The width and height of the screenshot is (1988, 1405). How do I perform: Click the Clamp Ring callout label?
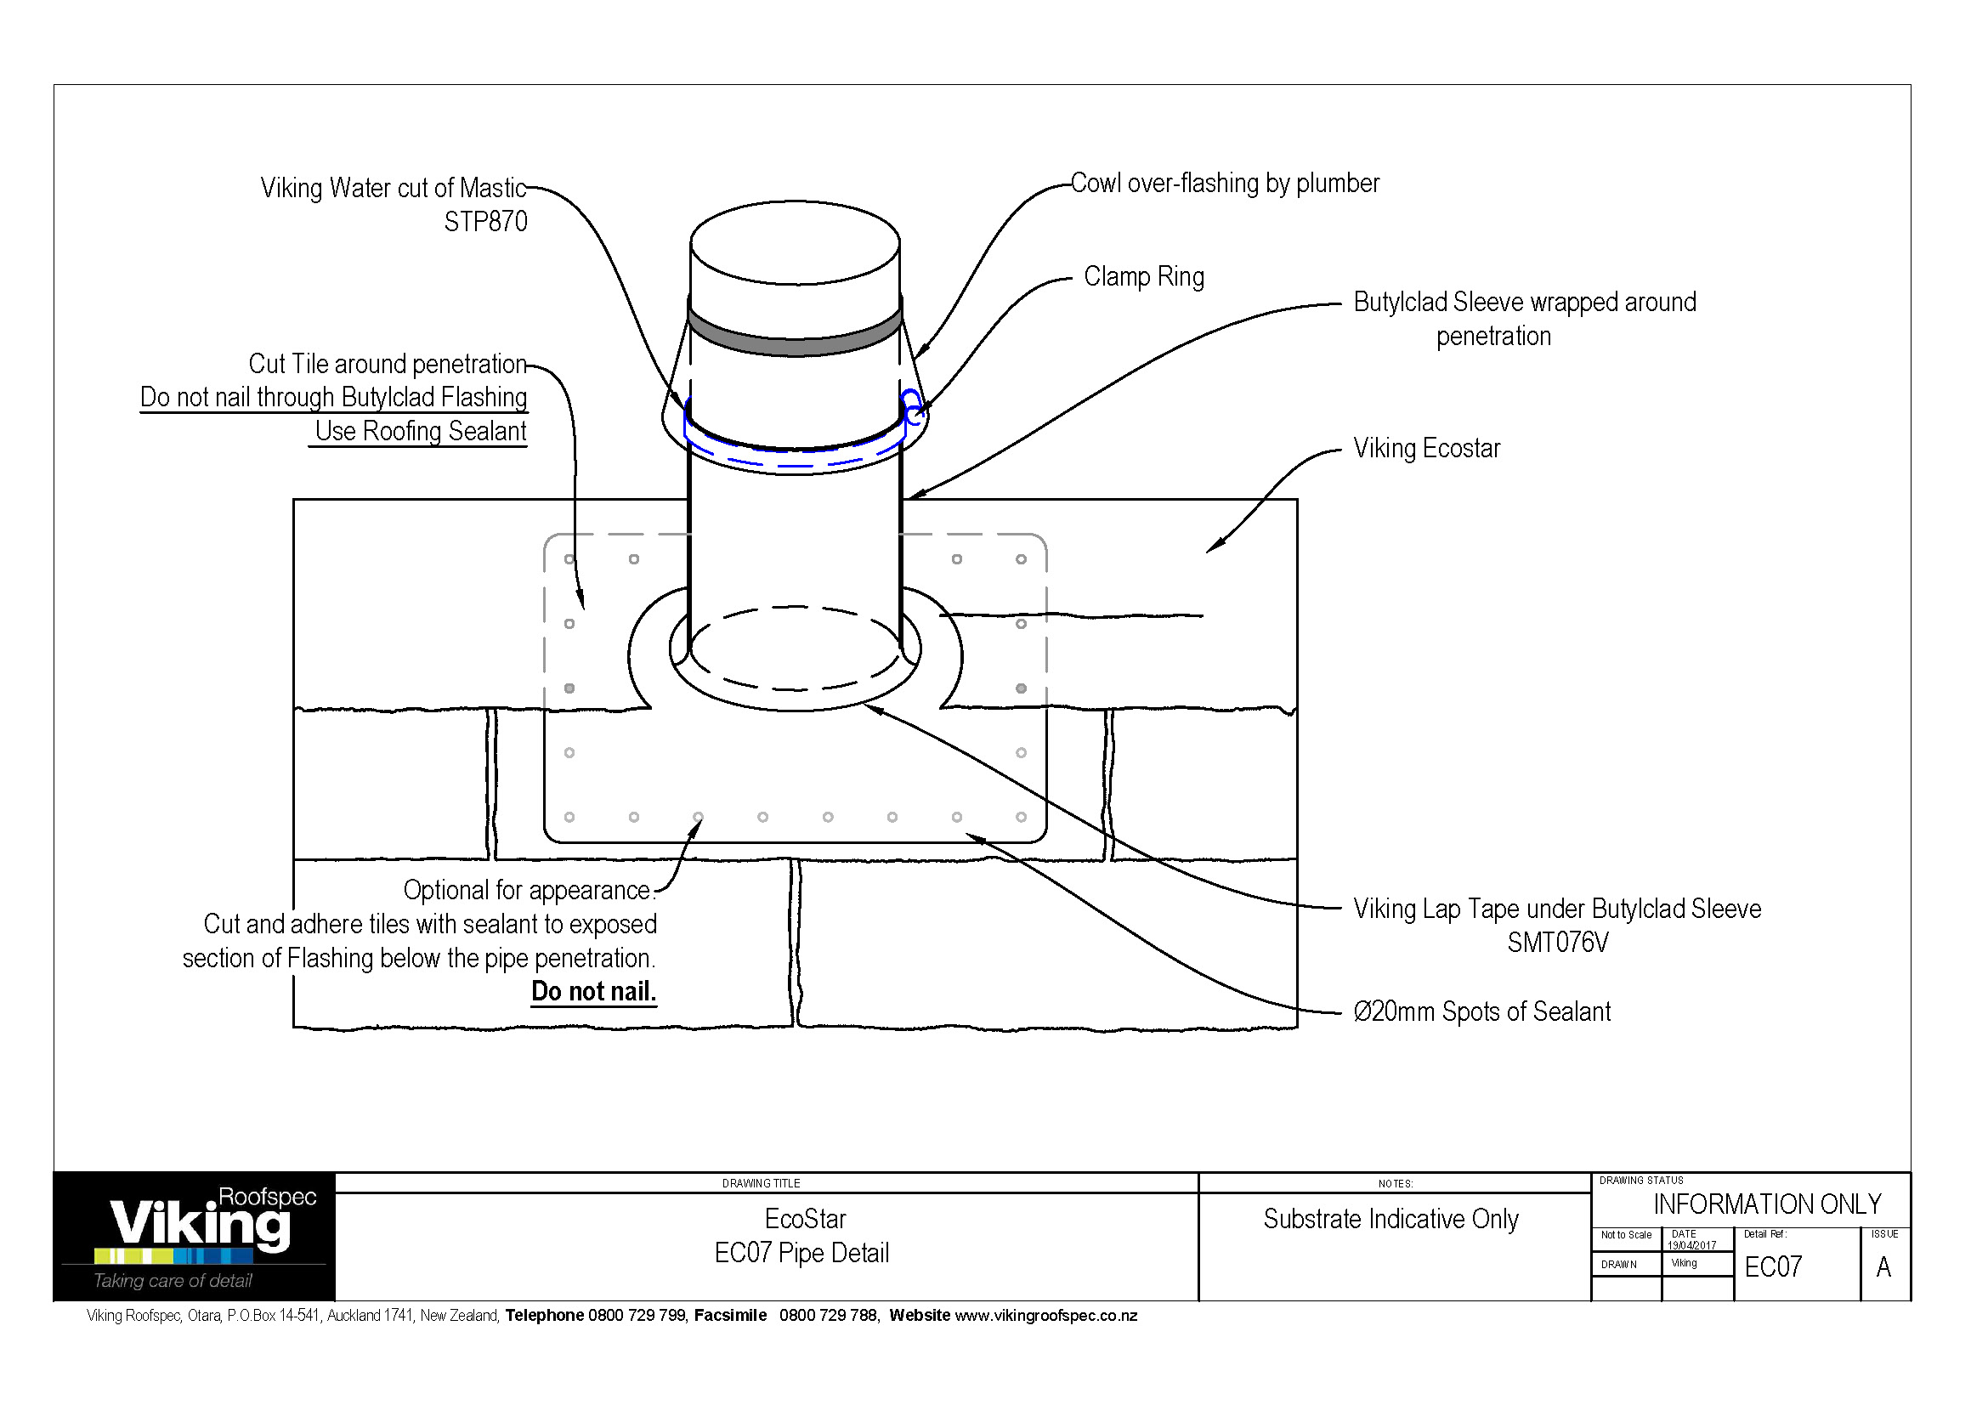tap(1143, 277)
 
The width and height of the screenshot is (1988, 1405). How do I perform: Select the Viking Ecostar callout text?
tap(1426, 449)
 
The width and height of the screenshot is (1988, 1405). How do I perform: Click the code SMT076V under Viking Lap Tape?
tap(1557, 943)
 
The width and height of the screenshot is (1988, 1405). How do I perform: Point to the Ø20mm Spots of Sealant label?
tap(1481, 1012)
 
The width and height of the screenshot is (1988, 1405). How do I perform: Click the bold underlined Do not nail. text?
tap(593, 991)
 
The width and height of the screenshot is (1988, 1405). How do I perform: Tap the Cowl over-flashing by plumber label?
tap(1224, 184)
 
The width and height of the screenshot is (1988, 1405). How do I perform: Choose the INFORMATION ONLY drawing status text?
tap(1766, 1204)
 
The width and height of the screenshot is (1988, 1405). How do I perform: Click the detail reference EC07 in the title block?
tap(1772, 1267)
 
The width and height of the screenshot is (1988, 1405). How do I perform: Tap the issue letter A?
tap(1883, 1267)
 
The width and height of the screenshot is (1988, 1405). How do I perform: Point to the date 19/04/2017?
tap(1691, 1246)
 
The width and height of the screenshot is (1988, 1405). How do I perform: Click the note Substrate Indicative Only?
tap(1390, 1220)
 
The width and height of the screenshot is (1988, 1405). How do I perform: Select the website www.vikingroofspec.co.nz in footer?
tap(1045, 1316)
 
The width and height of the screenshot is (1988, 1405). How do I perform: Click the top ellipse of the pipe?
tap(795, 242)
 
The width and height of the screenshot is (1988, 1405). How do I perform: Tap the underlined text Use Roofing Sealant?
tap(420, 431)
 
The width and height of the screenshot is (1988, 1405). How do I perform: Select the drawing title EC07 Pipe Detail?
tap(801, 1254)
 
